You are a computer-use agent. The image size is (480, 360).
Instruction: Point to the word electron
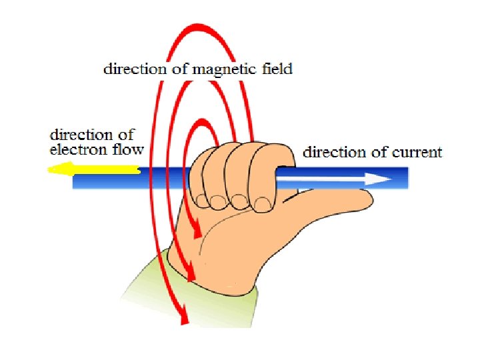point(75,149)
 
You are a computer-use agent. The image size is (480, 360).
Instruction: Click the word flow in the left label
point(129,149)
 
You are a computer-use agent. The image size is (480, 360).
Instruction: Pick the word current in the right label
point(417,152)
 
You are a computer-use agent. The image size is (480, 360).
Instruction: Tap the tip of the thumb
point(369,197)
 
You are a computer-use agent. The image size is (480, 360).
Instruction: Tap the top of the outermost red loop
point(195,27)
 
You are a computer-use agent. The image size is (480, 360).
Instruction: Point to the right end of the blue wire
point(406,178)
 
